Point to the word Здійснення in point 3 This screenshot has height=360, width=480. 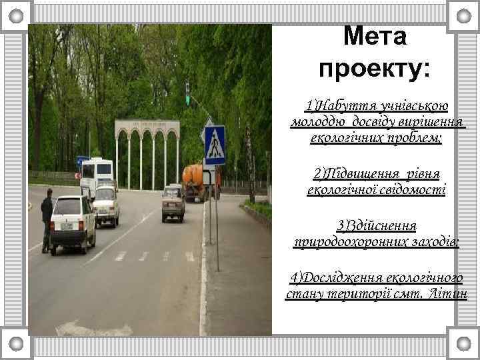tap(377, 225)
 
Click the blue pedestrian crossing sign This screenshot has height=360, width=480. tap(215, 145)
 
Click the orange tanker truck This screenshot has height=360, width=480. tap(197, 180)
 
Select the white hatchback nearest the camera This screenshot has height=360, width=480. tap(73, 223)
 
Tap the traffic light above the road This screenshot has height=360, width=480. tap(188, 93)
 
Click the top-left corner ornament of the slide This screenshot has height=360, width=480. tap(15, 14)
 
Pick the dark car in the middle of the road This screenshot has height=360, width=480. tap(173, 203)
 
